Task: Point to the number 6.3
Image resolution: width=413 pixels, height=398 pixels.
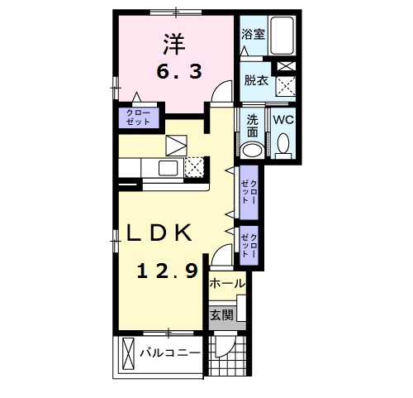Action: [179, 72]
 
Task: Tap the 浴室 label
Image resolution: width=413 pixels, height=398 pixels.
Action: [253, 35]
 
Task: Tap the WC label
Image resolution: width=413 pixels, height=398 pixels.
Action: [283, 120]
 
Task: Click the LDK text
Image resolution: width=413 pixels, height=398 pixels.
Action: [159, 233]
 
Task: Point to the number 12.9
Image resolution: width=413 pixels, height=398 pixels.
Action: [169, 271]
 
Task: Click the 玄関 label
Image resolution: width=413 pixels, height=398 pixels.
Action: [221, 314]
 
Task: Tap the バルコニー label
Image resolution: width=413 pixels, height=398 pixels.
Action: [169, 352]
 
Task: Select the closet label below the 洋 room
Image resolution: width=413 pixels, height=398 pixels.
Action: [138, 117]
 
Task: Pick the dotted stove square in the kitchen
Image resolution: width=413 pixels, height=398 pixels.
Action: [193, 167]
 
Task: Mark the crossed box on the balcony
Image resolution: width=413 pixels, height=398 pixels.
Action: [127, 354]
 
